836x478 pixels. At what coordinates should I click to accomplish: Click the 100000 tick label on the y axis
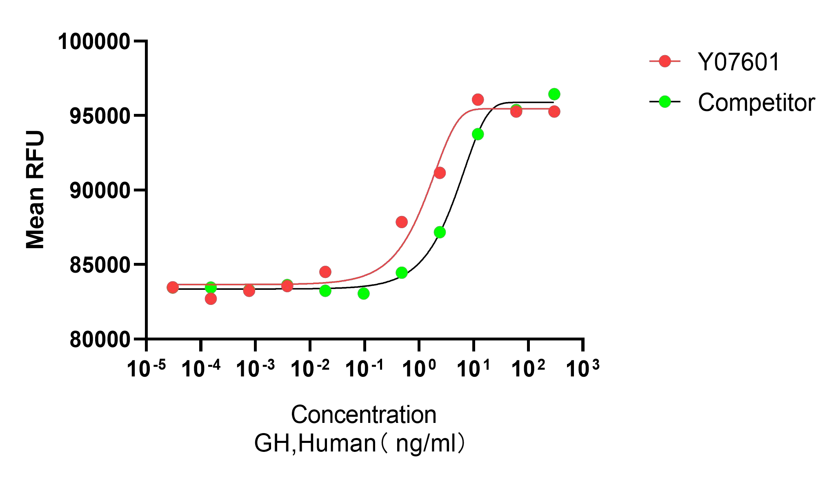pyautogui.click(x=94, y=42)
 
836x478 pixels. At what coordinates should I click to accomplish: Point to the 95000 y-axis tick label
pyautogui.click(x=100, y=116)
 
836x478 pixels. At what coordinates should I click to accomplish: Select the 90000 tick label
pyautogui.click(x=100, y=191)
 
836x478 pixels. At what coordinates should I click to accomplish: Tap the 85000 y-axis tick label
pyautogui.click(x=100, y=265)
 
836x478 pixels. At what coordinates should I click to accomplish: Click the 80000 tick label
pyautogui.click(x=100, y=340)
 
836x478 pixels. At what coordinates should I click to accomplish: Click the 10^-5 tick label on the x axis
pyautogui.click(x=146, y=368)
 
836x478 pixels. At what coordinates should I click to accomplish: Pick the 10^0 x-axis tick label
pyautogui.click(x=419, y=368)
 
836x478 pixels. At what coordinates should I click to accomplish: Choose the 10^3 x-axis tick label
pyautogui.click(x=582, y=368)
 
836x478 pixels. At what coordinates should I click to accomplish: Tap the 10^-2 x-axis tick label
pyautogui.click(x=310, y=368)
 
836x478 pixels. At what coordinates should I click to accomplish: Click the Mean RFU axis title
pyautogui.click(x=35, y=189)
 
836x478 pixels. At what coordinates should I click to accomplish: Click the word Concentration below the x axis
pyautogui.click(x=363, y=415)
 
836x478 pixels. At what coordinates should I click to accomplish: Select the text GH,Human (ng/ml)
pyautogui.click(x=359, y=443)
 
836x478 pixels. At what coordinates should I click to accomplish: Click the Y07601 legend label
pyautogui.click(x=739, y=62)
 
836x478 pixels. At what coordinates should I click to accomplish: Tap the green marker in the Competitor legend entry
pyautogui.click(x=665, y=102)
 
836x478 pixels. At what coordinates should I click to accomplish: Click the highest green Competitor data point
pyautogui.click(x=554, y=94)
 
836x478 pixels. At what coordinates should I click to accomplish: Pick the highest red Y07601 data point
pyautogui.click(x=478, y=100)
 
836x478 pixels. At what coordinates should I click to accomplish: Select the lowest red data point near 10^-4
pyautogui.click(x=211, y=299)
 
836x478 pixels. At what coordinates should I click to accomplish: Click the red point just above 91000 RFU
pyautogui.click(x=440, y=173)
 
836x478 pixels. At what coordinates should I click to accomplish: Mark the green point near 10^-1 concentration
pyautogui.click(x=363, y=293)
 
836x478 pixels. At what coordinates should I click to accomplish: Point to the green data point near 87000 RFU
pyautogui.click(x=440, y=232)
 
